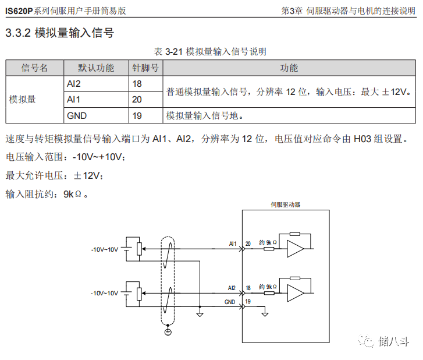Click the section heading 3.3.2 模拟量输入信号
[x=59, y=33]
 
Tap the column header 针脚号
[x=145, y=68]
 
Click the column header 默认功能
[x=96, y=68]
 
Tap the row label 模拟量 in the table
[x=23, y=100]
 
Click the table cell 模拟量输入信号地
[x=202, y=115]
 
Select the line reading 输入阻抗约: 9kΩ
[x=47, y=194]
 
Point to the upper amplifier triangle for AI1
[x=296, y=248]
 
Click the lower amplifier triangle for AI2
[x=296, y=292]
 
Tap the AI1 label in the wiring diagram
[x=233, y=243]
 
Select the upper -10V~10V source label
[x=105, y=249]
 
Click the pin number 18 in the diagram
[x=248, y=288]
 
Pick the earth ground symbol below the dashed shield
[x=168, y=331]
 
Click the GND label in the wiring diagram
[x=230, y=302]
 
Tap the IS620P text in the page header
[x=19, y=10]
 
